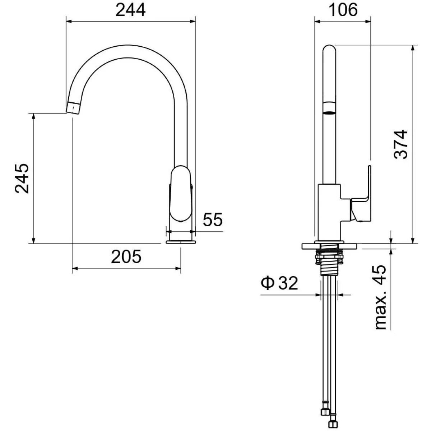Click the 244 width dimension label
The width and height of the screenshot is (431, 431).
point(130,10)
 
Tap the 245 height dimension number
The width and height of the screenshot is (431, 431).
point(22,179)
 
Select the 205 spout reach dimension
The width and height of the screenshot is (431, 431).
point(126,257)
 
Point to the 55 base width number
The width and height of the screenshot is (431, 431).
point(213,219)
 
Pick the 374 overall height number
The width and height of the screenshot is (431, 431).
point(401,144)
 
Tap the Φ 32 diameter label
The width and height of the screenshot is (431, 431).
point(279,283)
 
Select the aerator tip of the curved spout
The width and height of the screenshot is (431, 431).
point(73,108)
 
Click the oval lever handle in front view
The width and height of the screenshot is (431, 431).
point(181,194)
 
